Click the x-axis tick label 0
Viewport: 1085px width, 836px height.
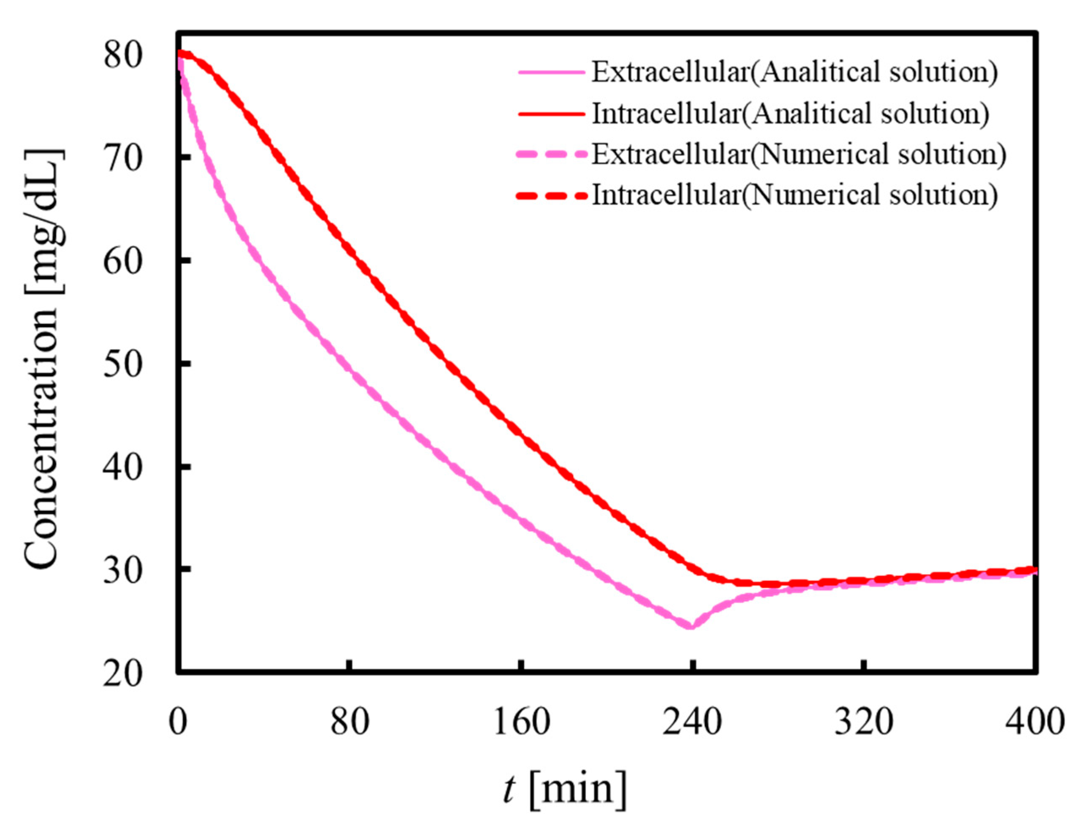(177, 721)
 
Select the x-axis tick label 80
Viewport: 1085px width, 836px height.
(350, 721)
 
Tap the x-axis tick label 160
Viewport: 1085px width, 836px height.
(522, 721)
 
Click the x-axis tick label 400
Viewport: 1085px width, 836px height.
(1035, 721)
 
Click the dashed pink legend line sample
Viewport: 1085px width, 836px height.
(552, 155)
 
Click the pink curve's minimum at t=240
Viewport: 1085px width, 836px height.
(691, 626)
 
